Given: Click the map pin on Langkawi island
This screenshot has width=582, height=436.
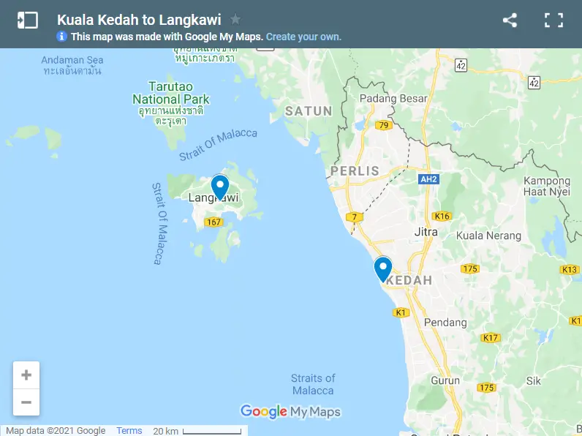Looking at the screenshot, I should click(219, 187).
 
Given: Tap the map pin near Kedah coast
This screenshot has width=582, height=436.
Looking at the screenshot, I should click(382, 268).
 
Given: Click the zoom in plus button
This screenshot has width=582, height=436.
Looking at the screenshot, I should click(26, 375).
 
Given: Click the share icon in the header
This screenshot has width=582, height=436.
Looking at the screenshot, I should click(510, 20).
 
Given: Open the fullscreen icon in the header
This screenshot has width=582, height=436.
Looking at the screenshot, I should click(553, 20).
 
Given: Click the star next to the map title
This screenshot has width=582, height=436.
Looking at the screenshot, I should click(235, 20).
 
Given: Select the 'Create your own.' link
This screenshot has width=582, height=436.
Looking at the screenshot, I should click(303, 37).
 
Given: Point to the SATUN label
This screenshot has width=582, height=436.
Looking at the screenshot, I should click(309, 111).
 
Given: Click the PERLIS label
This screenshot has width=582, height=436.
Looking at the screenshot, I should click(355, 171).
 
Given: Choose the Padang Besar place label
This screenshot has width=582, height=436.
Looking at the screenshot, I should click(388, 99).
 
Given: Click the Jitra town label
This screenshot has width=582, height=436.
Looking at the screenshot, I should click(426, 232).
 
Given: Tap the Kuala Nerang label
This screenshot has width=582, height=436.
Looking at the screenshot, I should click(488, 236).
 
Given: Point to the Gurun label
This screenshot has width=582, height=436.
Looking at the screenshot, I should click(445, 380).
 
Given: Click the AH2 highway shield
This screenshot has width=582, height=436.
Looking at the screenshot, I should click(428, 178).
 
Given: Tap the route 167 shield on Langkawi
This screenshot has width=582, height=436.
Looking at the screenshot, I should click(213, 222).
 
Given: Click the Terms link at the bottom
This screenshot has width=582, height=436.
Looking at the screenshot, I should click(129, 431).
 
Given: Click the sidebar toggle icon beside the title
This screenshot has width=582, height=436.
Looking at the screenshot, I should click(27, 20).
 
